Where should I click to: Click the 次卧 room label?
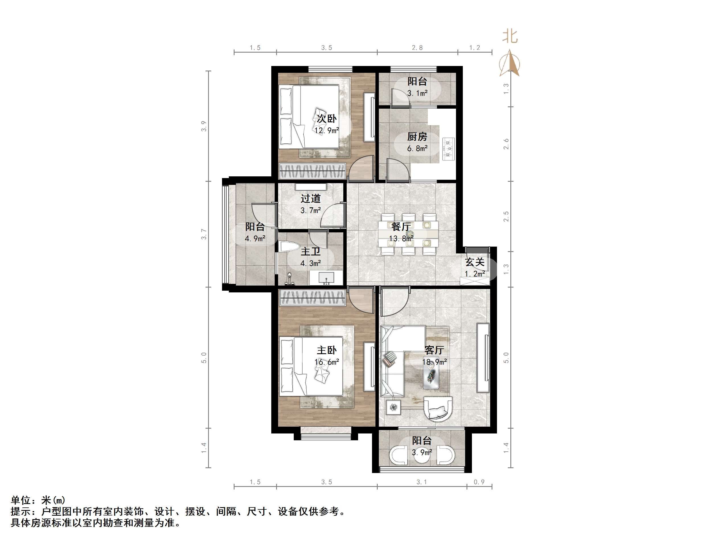[327, 119]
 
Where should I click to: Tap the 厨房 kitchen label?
[417, 137]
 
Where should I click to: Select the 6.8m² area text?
[417, 148]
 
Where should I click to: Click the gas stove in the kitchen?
[448, 149]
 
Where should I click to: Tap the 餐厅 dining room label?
[401, 226]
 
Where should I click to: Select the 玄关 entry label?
[474, 262]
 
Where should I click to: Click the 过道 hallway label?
[311, 199]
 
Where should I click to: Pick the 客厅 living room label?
[434, 350]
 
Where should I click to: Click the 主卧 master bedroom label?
[327, 350]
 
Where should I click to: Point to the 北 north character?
[510, 36]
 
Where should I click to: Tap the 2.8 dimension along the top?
[417, 48]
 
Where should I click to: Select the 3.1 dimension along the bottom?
[422, 482]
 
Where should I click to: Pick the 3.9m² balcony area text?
[422, 452]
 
